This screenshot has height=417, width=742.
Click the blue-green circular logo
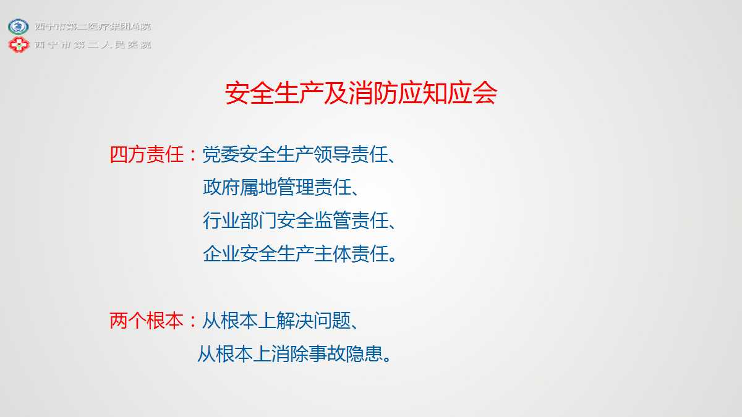[19, 27]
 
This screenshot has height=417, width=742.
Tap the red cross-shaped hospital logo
[19, 44]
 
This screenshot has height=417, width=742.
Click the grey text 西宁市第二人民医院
[93, 44]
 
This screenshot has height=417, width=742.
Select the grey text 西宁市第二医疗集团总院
[93, 27]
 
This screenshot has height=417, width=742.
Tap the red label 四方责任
[147, 154]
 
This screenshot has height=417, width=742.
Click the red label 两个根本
[147, 321]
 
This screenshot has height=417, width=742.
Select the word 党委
[221, 154]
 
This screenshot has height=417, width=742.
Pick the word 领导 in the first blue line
[331, 154]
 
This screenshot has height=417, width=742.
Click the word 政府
[221, 187]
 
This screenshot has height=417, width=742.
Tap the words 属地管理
[276, 187]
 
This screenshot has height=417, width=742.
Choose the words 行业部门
[239, 221]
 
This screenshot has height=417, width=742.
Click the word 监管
[332, 221]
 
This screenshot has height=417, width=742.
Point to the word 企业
[221, 254]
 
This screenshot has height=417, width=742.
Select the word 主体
[332, 254]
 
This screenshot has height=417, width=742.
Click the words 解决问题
[313, 321]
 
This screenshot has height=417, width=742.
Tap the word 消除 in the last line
[289, 354]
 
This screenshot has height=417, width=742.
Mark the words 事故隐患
[345, 354]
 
